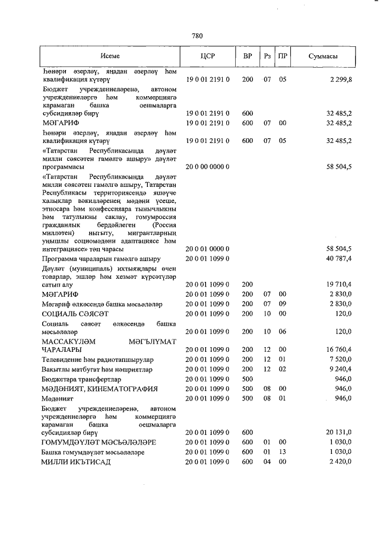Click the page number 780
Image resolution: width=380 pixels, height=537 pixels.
[x=198, y=36]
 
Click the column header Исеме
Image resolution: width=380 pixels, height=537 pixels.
[x=110, y=56]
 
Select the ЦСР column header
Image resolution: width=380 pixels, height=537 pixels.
[x=208, y=56]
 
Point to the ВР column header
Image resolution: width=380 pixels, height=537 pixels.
[x=248, y=56]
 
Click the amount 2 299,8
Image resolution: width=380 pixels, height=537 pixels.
[x=341, y=79]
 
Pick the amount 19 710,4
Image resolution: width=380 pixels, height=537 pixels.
[x=339, y=285]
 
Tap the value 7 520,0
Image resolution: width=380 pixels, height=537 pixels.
[x=341, y=360]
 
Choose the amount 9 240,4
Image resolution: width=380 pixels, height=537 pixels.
[x=341, y=369]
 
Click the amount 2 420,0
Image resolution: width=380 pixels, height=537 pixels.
[x=341, y=462]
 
